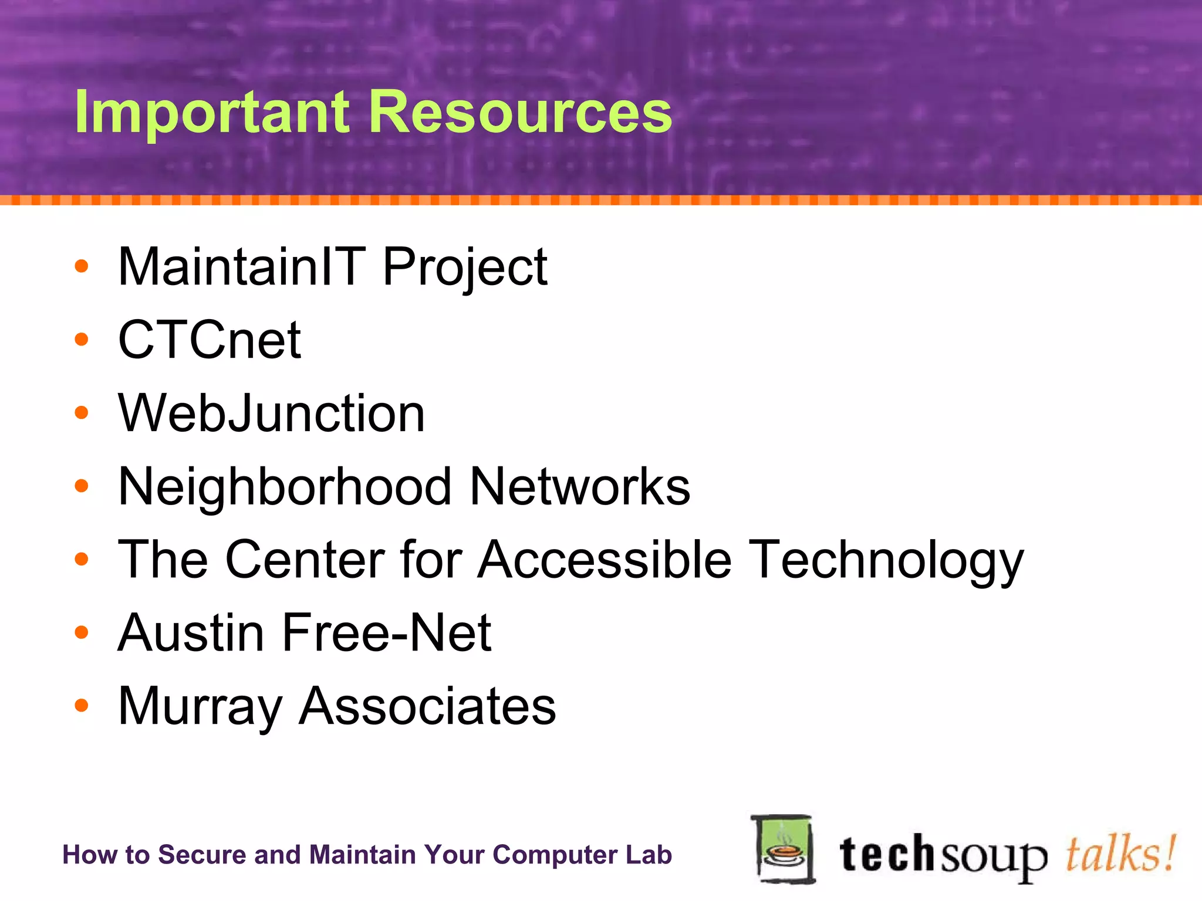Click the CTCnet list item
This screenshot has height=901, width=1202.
[210, 340]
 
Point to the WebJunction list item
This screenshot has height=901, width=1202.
[271, 414]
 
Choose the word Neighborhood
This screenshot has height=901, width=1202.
[285, 487]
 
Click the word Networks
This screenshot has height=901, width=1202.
[580, 487]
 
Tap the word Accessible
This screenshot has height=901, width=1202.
[605, 560]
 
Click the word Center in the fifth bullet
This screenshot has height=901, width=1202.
[305, 560]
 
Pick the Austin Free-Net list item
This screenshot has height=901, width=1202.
[305, 634]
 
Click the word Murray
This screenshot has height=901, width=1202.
[200, 707]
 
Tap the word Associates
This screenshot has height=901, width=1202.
[427, 706]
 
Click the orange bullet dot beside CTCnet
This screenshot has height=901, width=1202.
[82, 340]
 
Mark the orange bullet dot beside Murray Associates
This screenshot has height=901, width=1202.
[82, 706]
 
